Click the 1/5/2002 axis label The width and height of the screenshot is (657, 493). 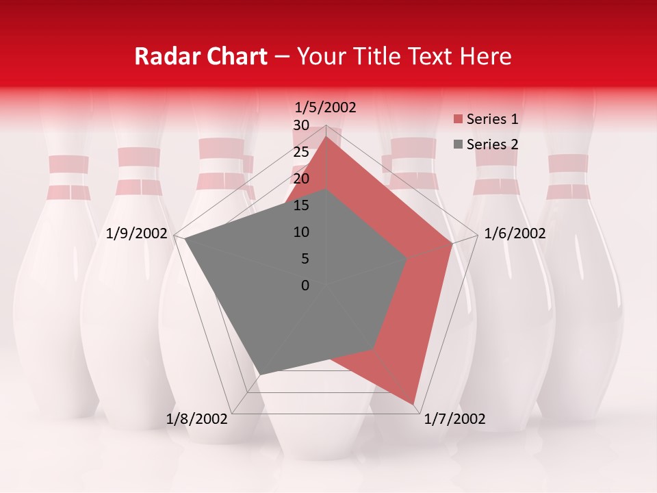click(x=326, y=107)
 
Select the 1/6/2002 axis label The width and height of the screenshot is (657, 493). click(x=515, y=233)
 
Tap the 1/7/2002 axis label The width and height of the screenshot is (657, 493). click(x=454, y=419)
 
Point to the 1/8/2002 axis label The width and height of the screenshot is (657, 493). click(x=196, y=419)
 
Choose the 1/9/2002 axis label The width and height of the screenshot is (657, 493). click(x=137, y=233)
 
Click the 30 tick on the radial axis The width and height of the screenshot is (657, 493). click(x=301, y=125)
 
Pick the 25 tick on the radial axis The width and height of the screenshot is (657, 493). click(x=301, y=152)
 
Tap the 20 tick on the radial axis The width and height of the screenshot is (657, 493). click(x=301, y=179)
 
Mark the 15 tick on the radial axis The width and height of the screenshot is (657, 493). click(x=301, y=205)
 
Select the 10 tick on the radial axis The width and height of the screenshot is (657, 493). click(x=301, y=232)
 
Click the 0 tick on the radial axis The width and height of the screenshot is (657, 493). click(x=305, y=286)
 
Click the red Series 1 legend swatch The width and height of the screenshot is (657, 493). click(x=458, y=119)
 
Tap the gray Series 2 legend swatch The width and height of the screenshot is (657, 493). click(x=458, y=144)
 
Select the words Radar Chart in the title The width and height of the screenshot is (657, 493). click(x=201, y=56)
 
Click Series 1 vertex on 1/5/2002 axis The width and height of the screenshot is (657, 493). click(x=326, y=137)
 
